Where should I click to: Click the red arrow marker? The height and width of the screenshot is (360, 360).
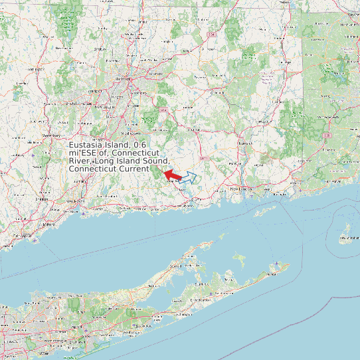pyautogui.click(x=172, y=175)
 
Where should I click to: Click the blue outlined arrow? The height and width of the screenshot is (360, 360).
pyautogui.click(x=189, y=177)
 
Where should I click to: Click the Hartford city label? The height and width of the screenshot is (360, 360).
pyautogui.click(x=122, y=78)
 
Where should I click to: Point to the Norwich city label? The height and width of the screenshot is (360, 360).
pyautogui.click(x=246, y=143)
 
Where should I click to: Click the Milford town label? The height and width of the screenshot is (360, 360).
pyautogui.click(x=48, y=224)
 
